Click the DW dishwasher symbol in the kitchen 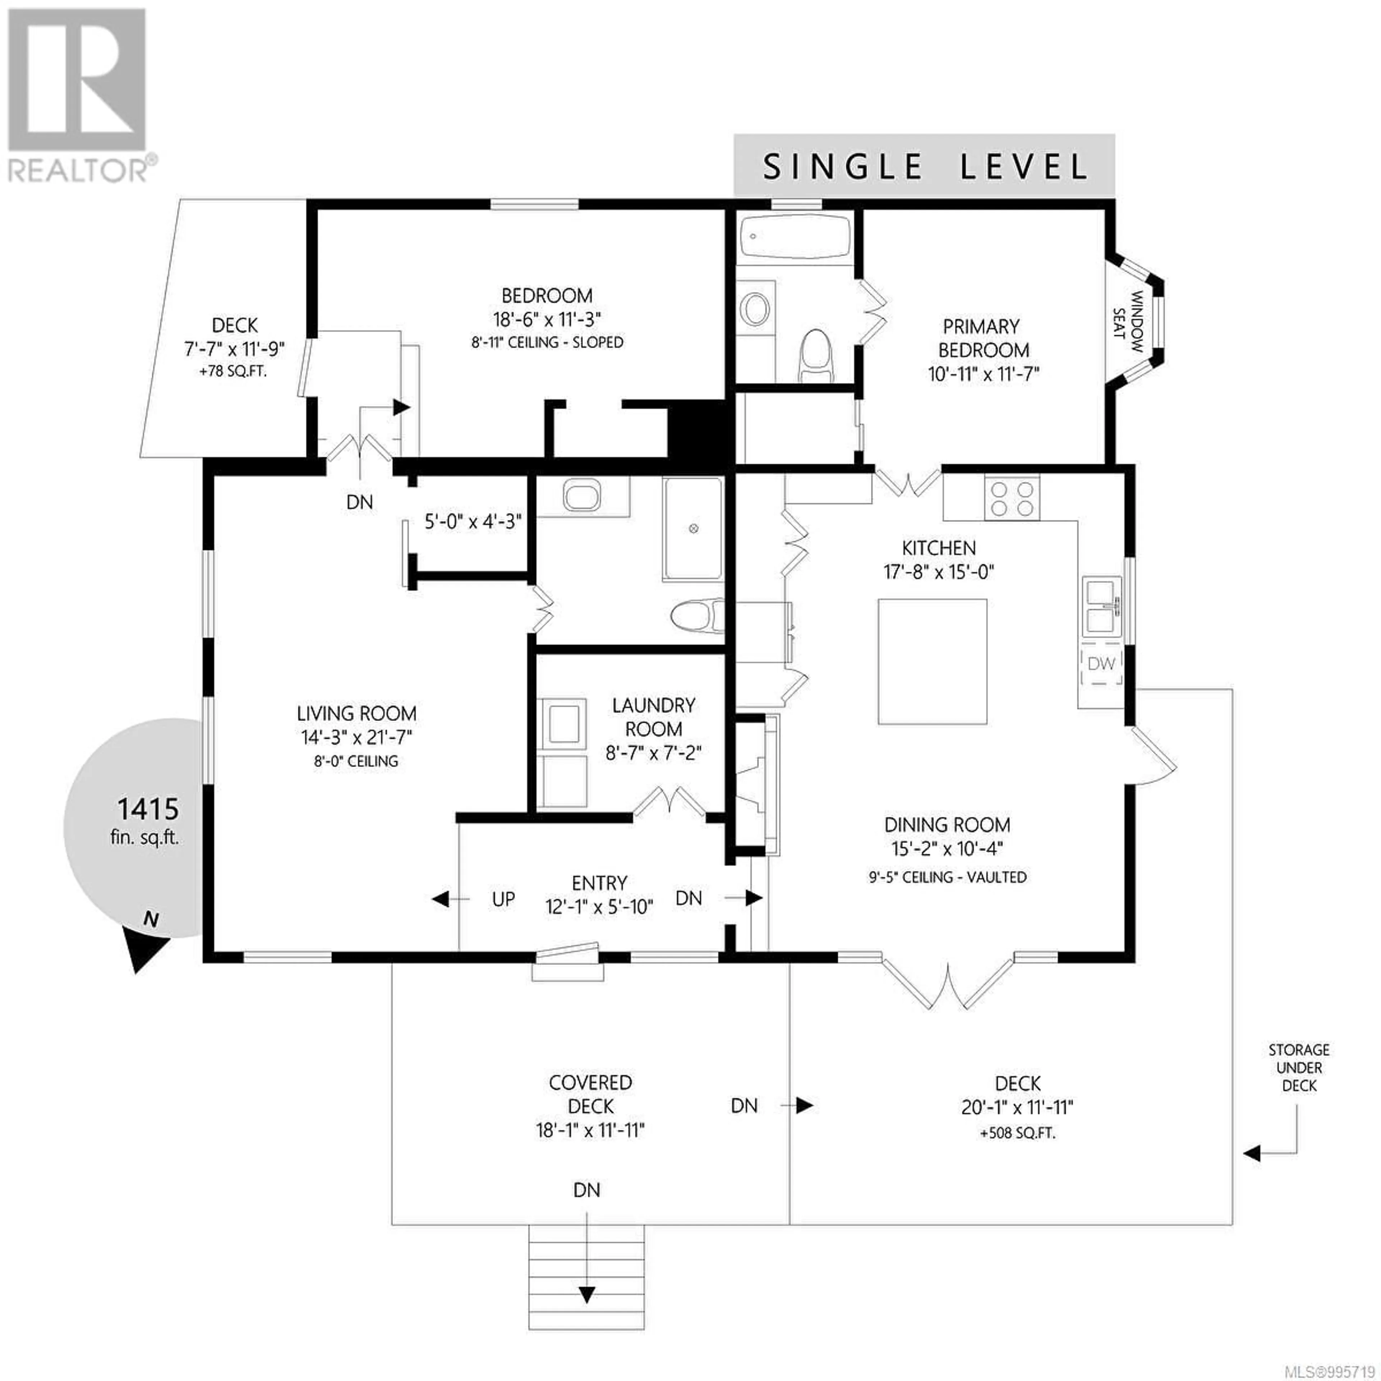point(1101,663)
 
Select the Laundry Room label point(653,717)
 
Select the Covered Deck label point(591,1094)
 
